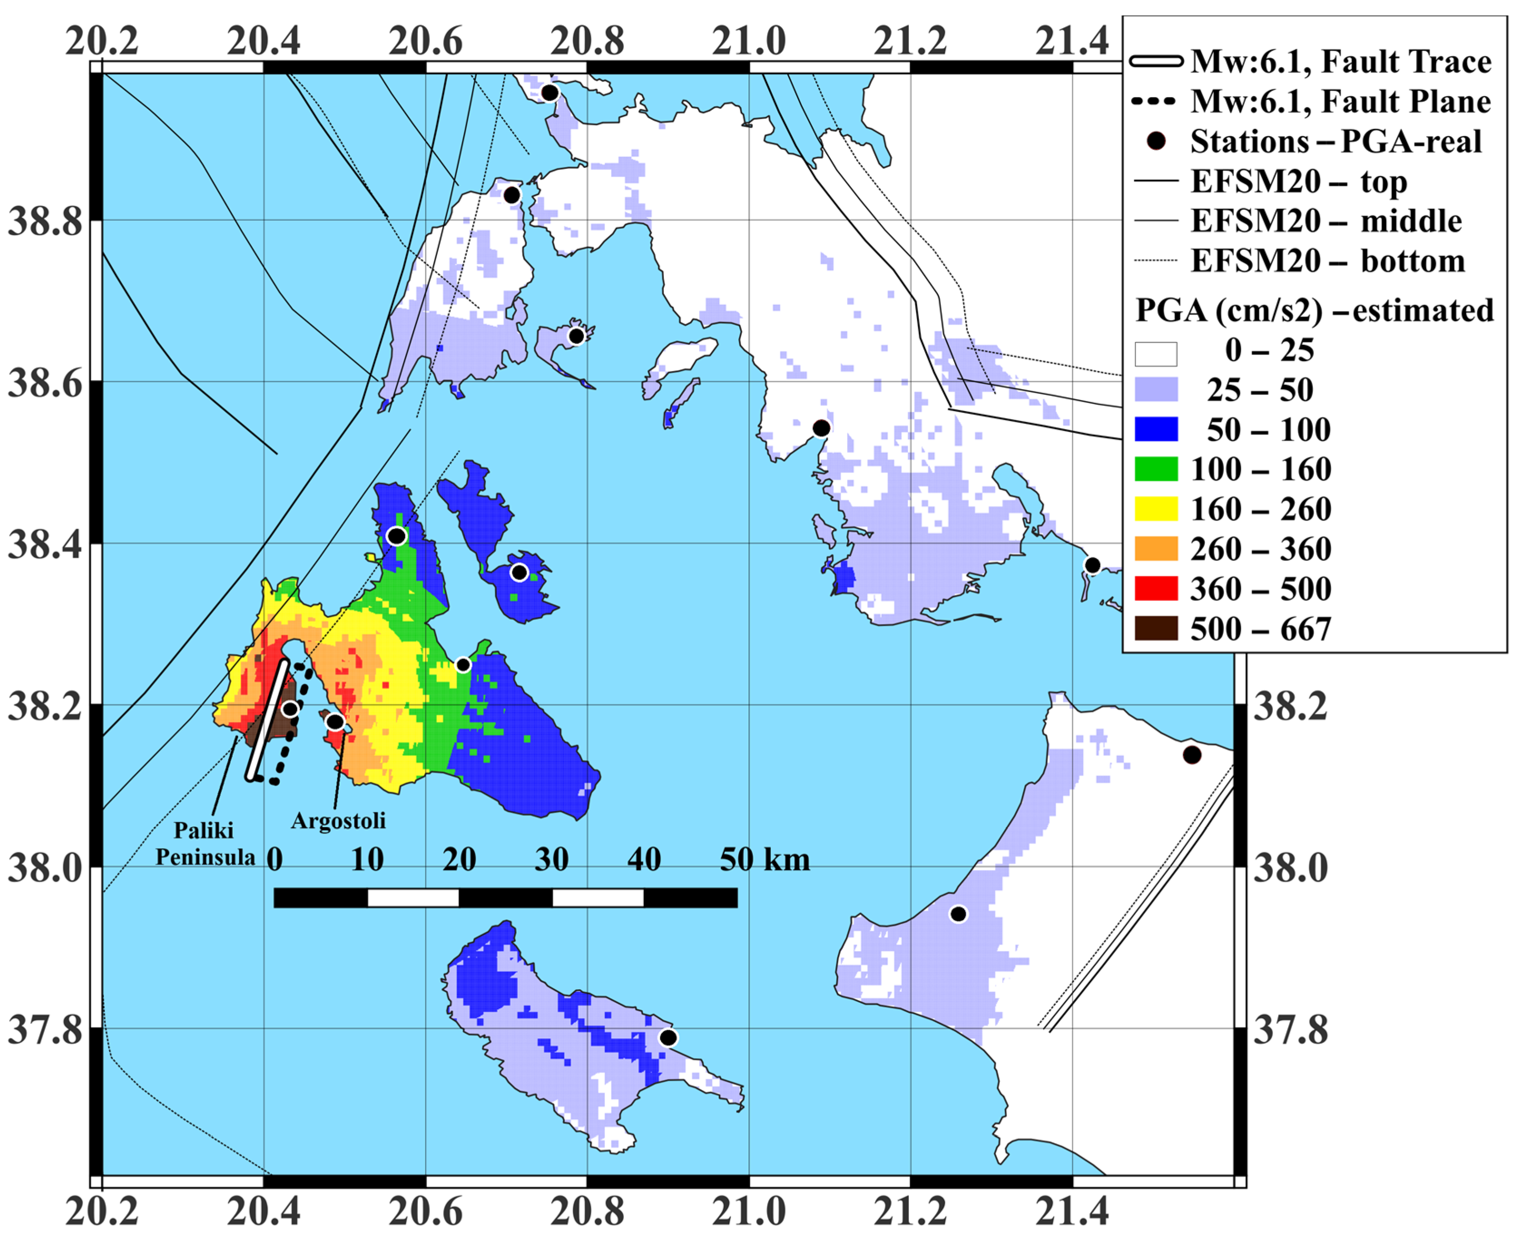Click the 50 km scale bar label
(764, 859)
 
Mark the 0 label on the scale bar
(275, 859)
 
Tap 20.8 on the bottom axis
(587, 1212)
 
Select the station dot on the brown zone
(289, 709)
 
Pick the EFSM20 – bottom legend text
(1327, 260)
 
